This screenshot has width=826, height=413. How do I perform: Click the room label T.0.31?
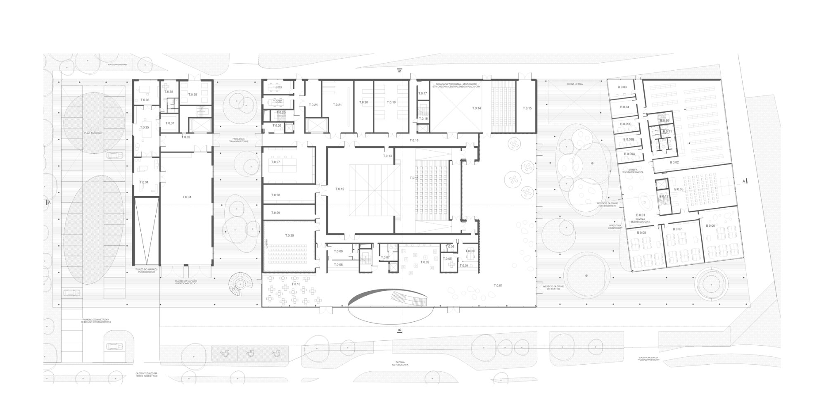click(187, 197)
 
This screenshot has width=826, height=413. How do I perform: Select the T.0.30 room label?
click(289, 235)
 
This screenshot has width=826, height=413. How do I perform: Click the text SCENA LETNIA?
click(575, 84)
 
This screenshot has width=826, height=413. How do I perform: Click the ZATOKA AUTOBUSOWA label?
click(399, 364)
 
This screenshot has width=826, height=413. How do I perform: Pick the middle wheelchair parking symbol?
click(250, 353)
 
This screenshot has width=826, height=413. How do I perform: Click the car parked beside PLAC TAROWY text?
click(114, 156)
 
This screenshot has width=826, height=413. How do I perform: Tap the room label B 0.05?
click(679, 189)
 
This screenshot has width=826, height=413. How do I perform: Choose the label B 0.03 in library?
click(622, 87)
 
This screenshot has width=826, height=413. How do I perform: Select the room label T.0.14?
click(477, 108)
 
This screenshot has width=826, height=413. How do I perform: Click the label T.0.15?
click(527, 108)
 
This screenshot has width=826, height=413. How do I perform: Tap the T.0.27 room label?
click(276, 162)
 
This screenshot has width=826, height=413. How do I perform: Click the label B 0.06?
click(710, 225)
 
